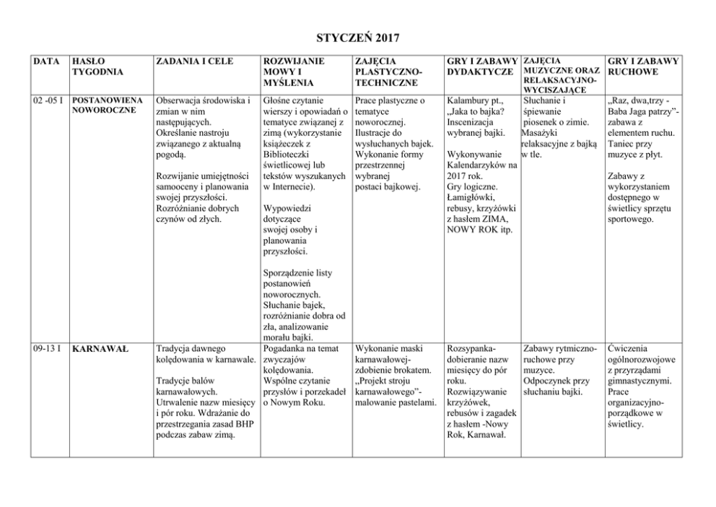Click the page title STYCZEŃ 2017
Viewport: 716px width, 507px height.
coord(358,36)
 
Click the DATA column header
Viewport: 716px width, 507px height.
coord(47,61)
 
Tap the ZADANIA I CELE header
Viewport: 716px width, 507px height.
coord(194,61)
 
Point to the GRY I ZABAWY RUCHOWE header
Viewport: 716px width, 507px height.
coord(642,66)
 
